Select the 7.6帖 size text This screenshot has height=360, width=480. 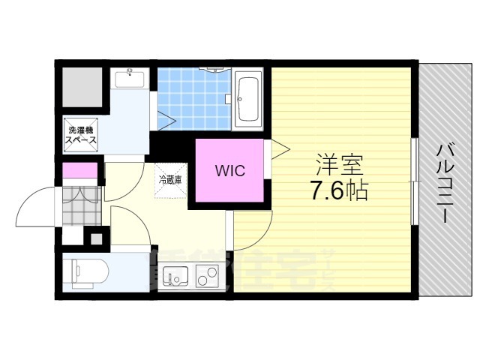point(338,192)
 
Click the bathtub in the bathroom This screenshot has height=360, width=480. point(249,100)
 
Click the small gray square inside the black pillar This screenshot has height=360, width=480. point(95,240)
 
